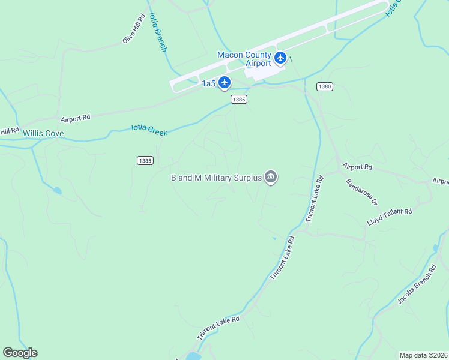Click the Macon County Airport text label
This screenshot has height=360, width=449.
(x=244, y=59)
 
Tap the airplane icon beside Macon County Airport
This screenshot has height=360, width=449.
(x=280, y=58)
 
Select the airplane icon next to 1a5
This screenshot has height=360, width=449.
(x=224, y=83)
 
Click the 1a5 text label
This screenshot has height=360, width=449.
(x=208, y=83)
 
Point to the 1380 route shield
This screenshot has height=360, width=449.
(x=324, y=86)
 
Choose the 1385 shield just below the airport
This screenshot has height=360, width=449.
(x=239, y=100)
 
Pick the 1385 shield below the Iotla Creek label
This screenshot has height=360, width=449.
(x=145, y=160)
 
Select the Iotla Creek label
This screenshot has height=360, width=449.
(x=149, y=129)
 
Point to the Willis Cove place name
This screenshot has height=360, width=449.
(x=43, y=133)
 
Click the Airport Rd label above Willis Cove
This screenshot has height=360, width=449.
(x=75, y=118)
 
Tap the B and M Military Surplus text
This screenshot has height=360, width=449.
(x=216, y=178)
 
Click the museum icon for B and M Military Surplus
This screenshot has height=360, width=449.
(x=271, y=178)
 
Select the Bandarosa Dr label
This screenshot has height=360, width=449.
(x=361, y=191)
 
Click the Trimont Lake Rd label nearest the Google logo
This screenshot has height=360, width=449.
(x=218, y=328)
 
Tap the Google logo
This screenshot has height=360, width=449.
(x=20, y=353)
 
